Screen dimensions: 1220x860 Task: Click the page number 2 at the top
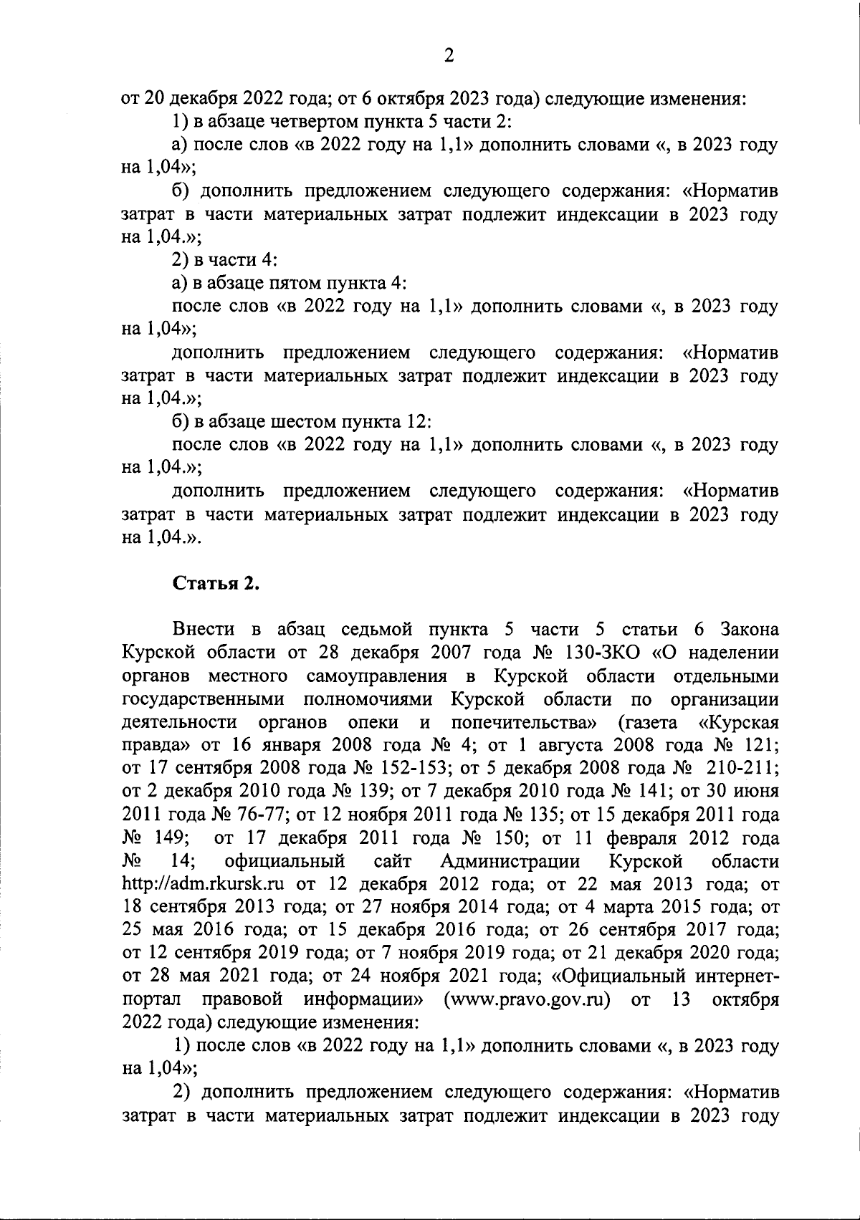449,56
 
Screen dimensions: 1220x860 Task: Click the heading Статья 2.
216,583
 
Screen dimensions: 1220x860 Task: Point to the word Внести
204,630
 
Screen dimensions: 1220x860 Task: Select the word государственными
204,699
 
